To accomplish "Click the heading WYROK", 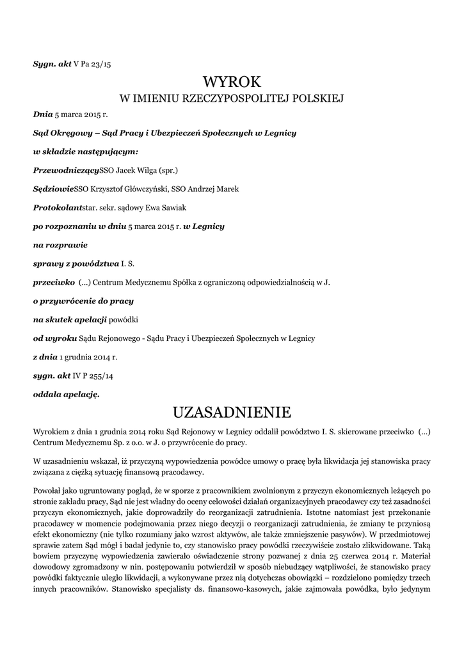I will tap(232, 82).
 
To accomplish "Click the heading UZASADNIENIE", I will tap(232, 410).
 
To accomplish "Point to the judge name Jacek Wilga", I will tap(137, 171).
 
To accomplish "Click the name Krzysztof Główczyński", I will tap(132, 189).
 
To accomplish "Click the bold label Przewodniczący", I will tap(66, 171).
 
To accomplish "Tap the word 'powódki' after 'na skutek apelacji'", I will tap(124, 319).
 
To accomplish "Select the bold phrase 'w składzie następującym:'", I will tap(86, 152).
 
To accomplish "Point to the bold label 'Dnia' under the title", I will tap(42, 115).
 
